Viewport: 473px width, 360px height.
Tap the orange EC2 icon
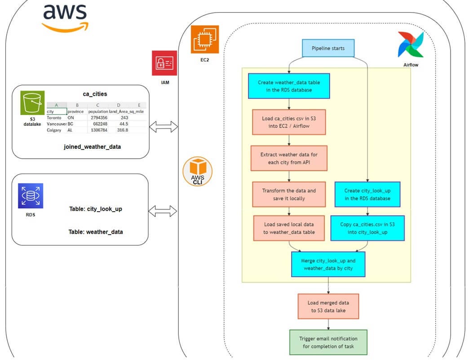point(205,40)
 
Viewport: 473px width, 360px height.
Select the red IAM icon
point(164,63)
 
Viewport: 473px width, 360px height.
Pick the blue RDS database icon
point(30,196)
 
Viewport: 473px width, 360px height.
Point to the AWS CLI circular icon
point(198,172)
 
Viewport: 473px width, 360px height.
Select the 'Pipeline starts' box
point(328,49)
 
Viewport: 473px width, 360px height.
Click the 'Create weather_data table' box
point(289,86)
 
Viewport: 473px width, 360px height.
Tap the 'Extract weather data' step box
point(289,158)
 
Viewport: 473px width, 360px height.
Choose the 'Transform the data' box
point(289,194)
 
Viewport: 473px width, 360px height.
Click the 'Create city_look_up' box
point(367,194)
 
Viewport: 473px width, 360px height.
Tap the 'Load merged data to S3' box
point(328,307)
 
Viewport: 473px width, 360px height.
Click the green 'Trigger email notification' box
point(328,342)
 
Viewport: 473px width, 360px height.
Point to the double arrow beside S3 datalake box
point(164,127)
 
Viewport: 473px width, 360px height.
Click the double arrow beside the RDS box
point(164,211)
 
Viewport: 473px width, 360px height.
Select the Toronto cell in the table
point(54,118)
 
